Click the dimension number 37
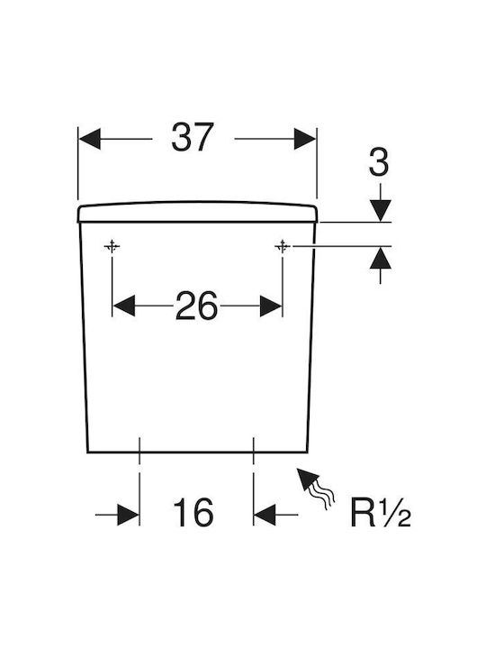tap(193, 137)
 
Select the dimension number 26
tap(197, 306)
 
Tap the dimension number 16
tap(193, 512)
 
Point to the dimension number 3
tap(379, 162)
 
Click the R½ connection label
tap(381, 512)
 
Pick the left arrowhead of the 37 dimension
tap(89, 139)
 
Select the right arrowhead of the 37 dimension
tap(305, 139)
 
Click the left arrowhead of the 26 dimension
tap(123, 306)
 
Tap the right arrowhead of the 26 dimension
tap(271, 306)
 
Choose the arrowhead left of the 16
tap(129, 515)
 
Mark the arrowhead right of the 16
tap(265, 515)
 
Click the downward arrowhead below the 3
tap(380, 211)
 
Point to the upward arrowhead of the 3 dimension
tap(380, 258)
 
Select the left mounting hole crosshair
tap(112, 247)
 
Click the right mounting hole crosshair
tap(283, 247)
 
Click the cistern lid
tap(197, 212)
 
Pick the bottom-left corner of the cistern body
tap(87, 452)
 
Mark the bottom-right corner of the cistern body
tap(308, 452)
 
